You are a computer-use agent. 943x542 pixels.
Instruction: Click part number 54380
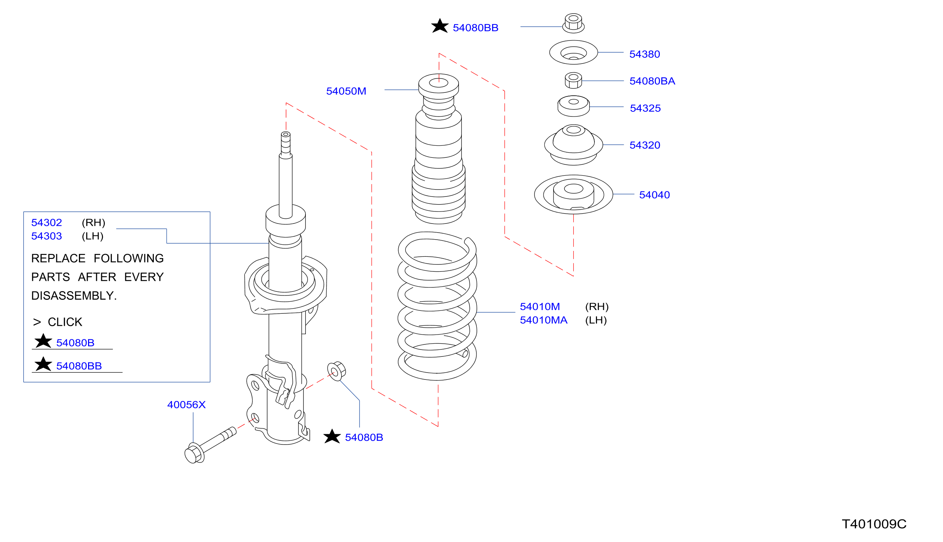tap(644, 54)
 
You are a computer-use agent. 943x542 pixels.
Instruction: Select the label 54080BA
tap(652, 81)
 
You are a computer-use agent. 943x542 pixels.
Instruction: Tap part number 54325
tap(645, 108)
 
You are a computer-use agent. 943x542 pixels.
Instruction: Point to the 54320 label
tap(644, 145)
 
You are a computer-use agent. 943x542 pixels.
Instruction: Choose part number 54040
tap(654, 195)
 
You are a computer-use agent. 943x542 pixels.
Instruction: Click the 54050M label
tap(346, 91)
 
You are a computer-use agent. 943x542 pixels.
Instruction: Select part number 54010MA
tap(543, 320)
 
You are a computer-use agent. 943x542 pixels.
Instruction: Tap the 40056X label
tap(186, 405)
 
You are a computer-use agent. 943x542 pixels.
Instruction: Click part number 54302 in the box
tap(46, 223)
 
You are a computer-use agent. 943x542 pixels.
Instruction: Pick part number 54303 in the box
tap(46, 236)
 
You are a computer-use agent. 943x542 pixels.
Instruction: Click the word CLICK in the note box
tap(65, 322)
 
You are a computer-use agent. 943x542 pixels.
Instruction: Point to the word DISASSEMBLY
tap(74, 295)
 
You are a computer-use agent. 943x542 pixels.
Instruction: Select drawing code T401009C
tap(874, 524)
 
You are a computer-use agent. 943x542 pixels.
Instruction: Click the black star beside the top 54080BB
tap(440, 26)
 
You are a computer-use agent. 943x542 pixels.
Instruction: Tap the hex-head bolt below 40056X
tap(210, 445)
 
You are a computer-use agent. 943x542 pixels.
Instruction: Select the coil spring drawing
tap(437, 306)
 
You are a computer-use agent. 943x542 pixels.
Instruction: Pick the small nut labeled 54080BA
tap(573, 80)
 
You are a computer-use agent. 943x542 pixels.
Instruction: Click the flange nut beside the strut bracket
tap(336, 371)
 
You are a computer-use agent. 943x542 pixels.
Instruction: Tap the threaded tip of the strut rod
tap(286, 143)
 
